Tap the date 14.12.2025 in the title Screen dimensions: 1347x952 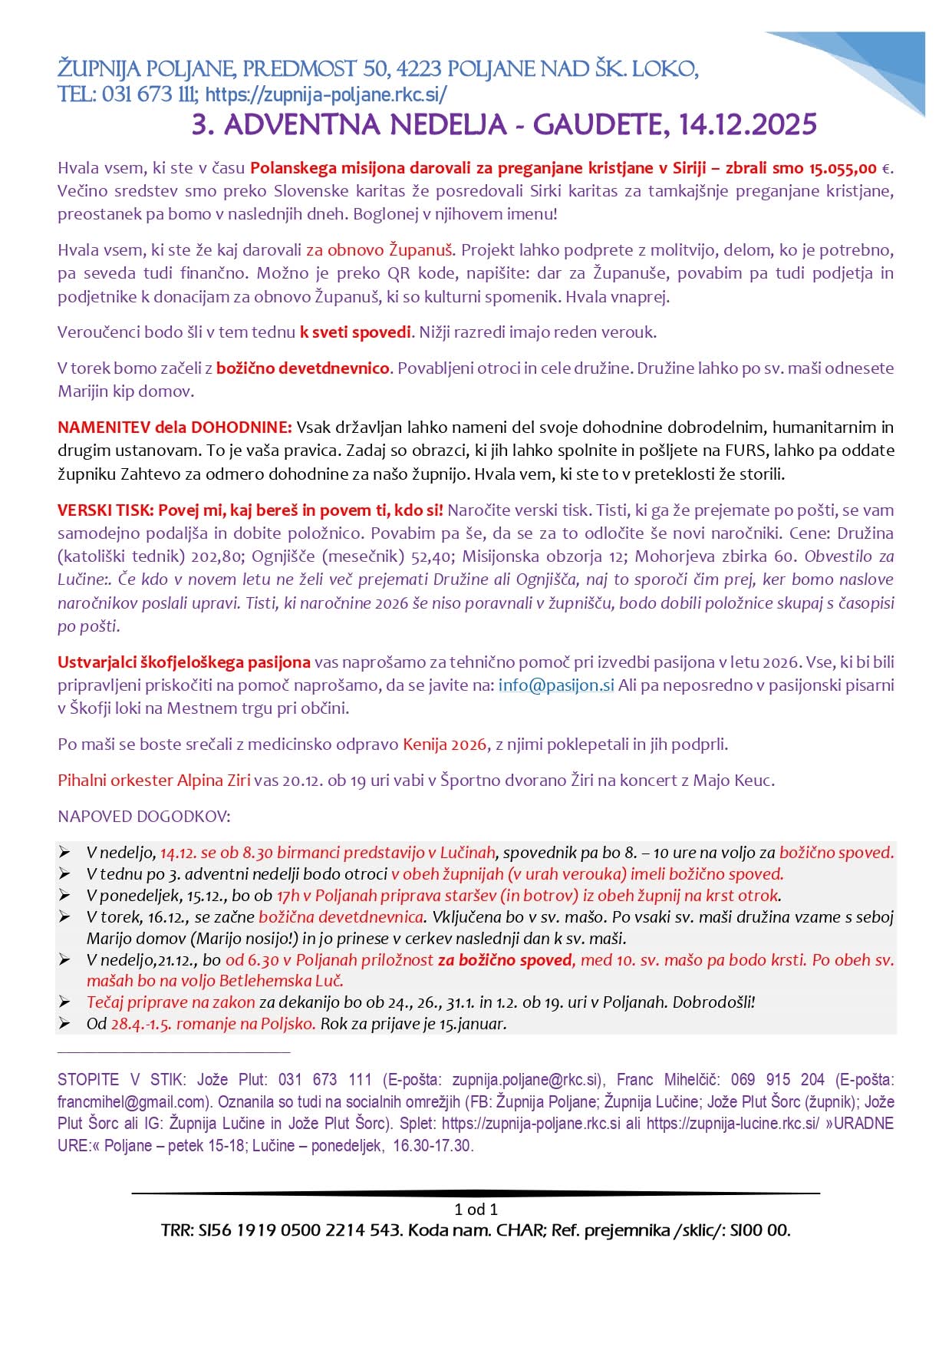tap(748, 124)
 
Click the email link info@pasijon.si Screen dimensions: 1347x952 tap(555, 685)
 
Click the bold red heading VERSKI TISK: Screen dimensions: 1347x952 tap(106, 510)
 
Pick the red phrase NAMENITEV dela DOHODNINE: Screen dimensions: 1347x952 tap(174, 427)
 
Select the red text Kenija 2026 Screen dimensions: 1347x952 tap(444, 744)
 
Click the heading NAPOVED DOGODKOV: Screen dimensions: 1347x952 tap(144, 816)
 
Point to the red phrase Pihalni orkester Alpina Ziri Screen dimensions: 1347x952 tap(154, 781)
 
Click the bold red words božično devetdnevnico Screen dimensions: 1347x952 tap(302, 368)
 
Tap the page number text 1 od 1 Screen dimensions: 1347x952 tap(476, 1210)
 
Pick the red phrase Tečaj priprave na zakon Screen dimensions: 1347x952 tap(170, 1002)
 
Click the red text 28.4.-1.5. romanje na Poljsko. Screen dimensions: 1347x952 tap(212, 1024)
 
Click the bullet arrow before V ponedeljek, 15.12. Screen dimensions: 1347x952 tap(66, 896)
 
